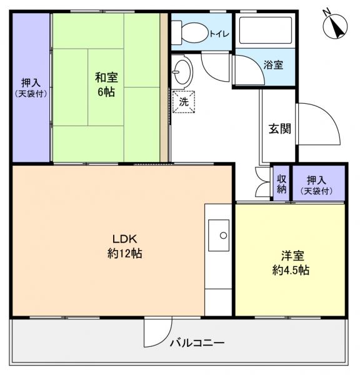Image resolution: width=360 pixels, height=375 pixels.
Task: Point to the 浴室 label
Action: (273, 64)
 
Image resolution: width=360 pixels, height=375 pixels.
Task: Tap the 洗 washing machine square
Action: (184, 101)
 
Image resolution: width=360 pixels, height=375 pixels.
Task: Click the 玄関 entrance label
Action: (279, 129)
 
